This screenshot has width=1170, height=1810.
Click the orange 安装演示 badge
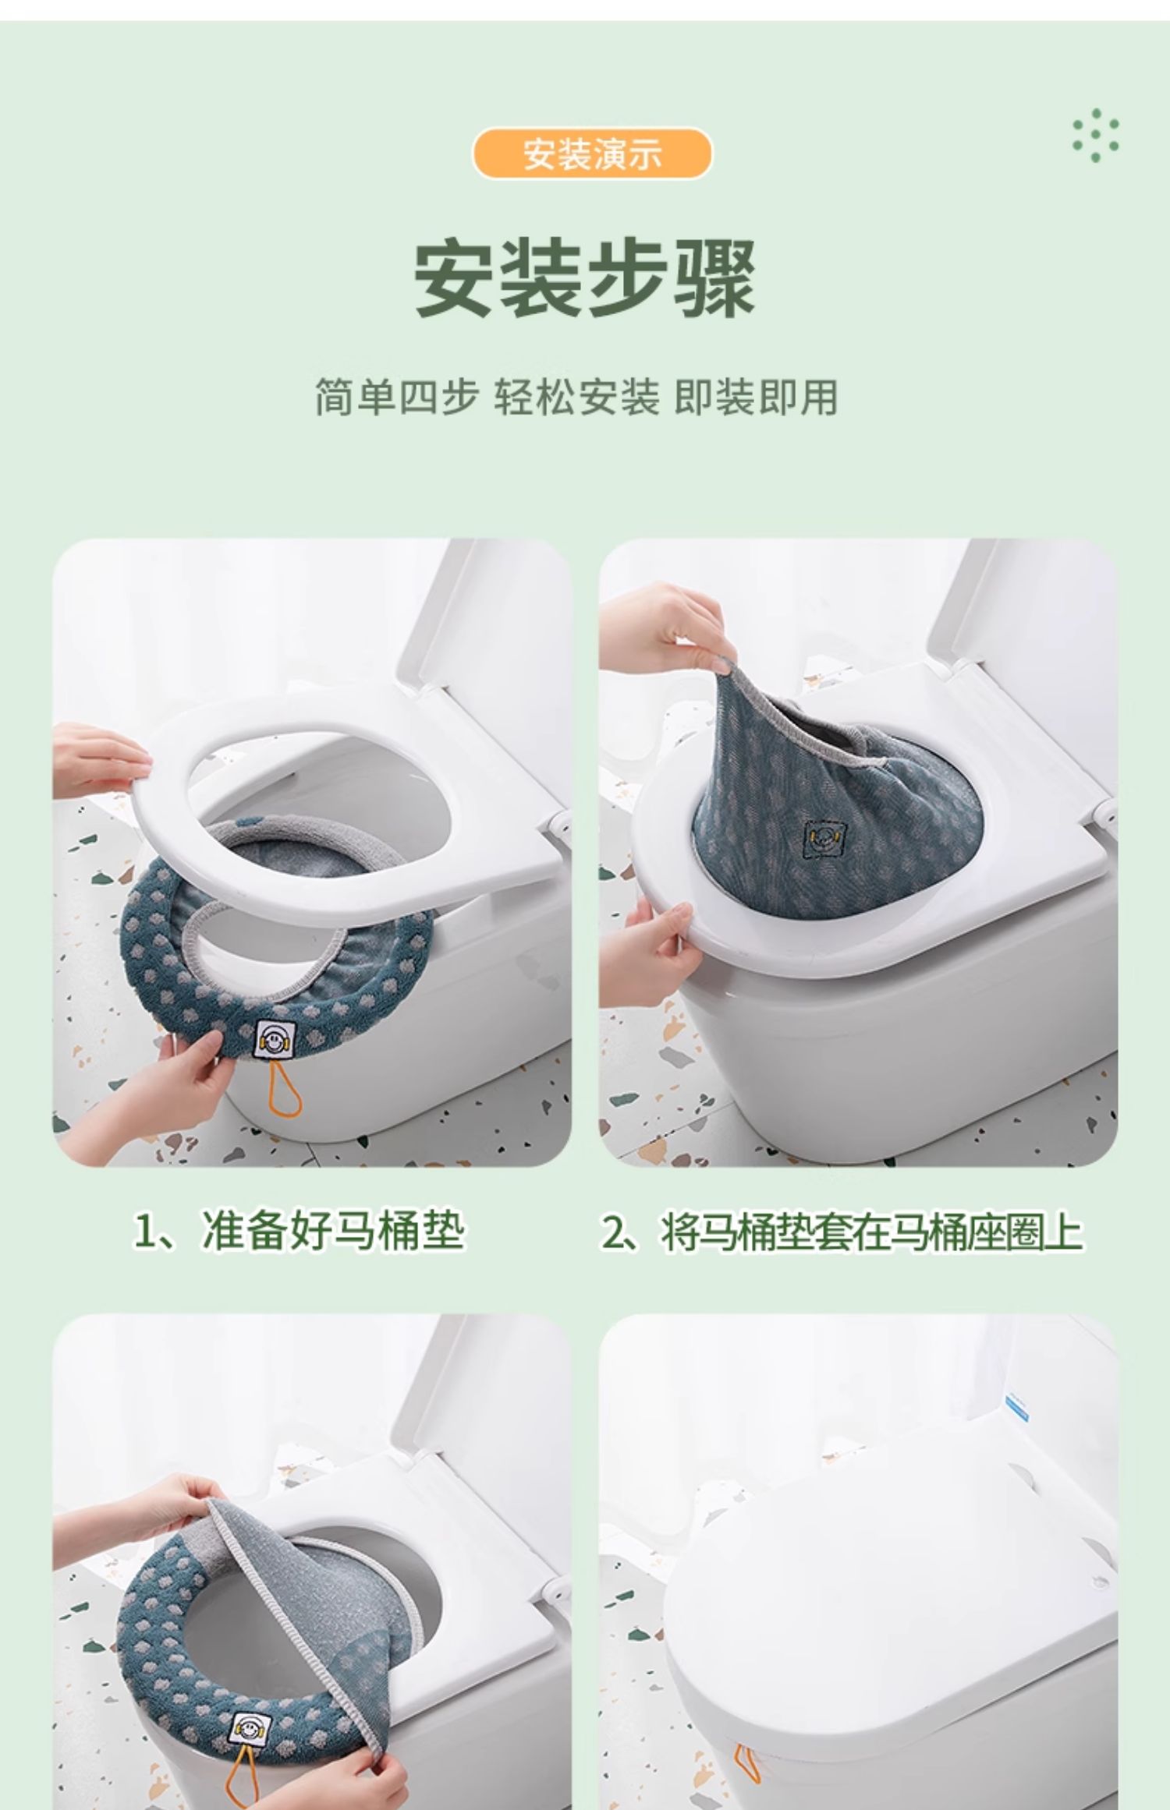click(x=592, y=154)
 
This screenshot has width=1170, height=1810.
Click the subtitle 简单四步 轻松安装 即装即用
click(x=576, y=398)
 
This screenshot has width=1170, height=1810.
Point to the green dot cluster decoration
click(x=1096, y=135)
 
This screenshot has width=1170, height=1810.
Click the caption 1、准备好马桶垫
click(x=299, y=1232)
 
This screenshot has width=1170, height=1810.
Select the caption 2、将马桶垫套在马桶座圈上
click(x=842, y=1232)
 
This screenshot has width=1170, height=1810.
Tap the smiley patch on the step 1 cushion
click(x=274, y=1038)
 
